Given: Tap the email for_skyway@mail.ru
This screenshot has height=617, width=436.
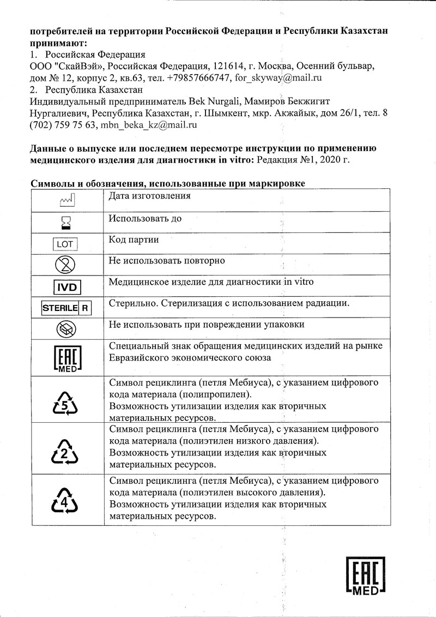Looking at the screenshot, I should pyautogui.click(x=278, y=78).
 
